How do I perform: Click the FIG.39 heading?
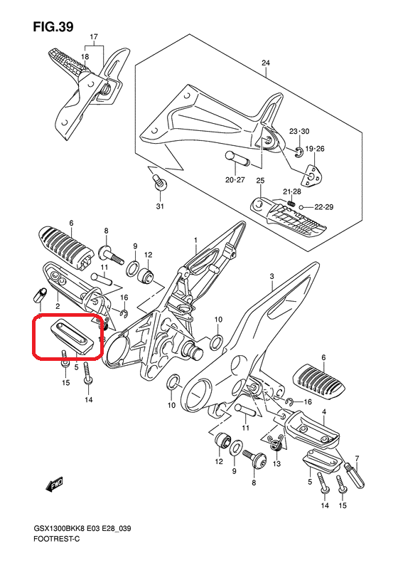pos(53,26)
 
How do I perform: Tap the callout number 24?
pos(265,63)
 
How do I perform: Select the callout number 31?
pos(160,206)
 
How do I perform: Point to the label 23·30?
pos(299,132)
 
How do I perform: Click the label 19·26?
pos(315,149)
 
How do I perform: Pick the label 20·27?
pos(235,179)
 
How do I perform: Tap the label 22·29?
pos(324,207)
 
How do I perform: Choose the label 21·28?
pos(292,191)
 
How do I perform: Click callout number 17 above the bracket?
pos(94,37)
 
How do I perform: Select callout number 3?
pos(271,276)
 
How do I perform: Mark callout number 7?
pos(357,458)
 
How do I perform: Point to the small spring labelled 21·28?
pos(291,204)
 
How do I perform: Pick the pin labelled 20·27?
pos(237,159)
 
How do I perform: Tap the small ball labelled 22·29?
pos(302,207)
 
